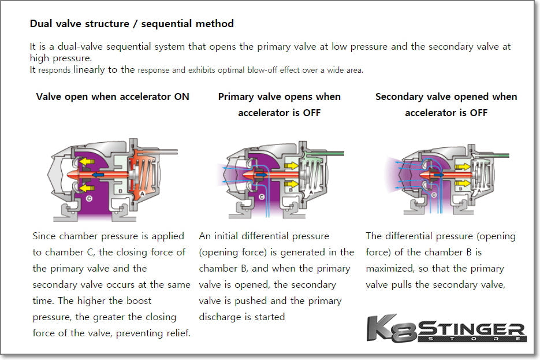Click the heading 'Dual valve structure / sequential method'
tap(132, 24)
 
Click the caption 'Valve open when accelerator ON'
tap(113, 97)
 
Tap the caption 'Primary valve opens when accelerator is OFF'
tap(280, 105)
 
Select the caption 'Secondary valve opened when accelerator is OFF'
tap(446, 105)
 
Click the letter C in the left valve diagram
tap(88, 198)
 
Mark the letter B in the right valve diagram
tap(457, 188)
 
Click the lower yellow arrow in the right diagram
tap(463, 183)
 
